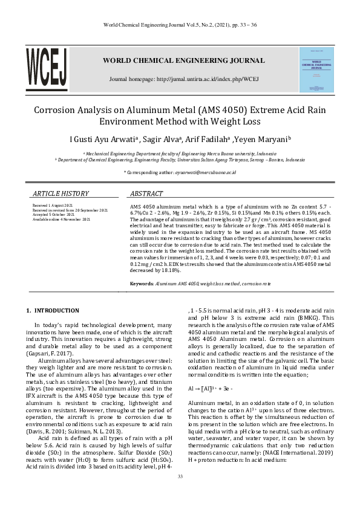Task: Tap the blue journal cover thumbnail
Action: click(x=316, y=70)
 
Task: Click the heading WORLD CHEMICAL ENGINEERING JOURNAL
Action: click(x=183, y=60)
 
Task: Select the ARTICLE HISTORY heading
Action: click(x=61, y=193)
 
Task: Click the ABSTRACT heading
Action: click(x=146, y=193)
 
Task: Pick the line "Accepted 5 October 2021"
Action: click(x=54, y=214)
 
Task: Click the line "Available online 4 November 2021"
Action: click(x=61, y=218)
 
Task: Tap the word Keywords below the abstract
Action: click(x=142, y=283)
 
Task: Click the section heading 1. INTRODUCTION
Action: click(x=53, y=311)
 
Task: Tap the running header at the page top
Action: click(x=180, y=25)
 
